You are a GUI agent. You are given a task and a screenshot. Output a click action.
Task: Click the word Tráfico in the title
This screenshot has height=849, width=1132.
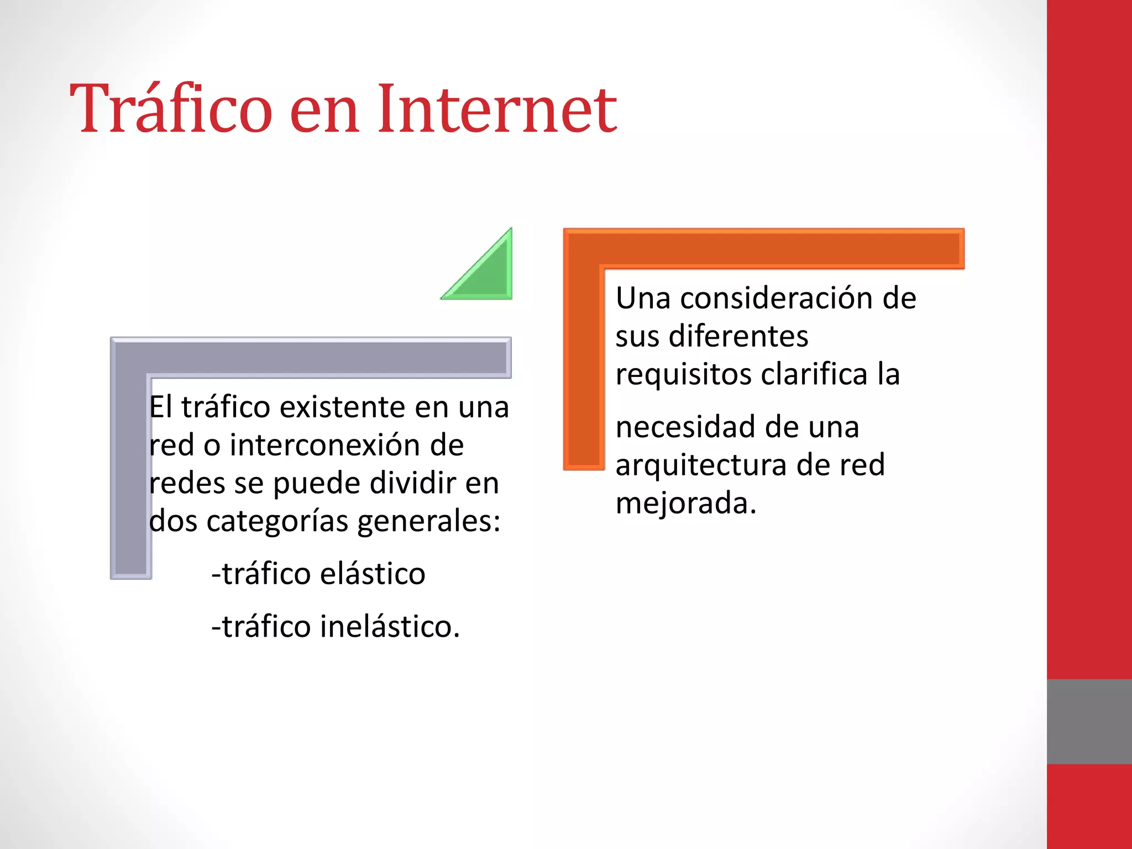[x=171, y=108]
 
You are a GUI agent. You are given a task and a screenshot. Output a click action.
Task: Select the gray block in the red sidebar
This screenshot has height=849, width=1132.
[x=1089, y=721]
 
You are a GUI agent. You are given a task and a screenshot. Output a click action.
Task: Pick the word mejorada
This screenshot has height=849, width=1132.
[x=685, y=504]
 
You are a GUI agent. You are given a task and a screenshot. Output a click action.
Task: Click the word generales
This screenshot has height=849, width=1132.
[x=428, y=522]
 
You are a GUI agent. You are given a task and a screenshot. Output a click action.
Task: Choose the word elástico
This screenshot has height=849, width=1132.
[x=373, y=574]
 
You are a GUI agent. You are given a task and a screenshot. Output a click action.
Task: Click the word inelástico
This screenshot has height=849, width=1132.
[x=389, y=627]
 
